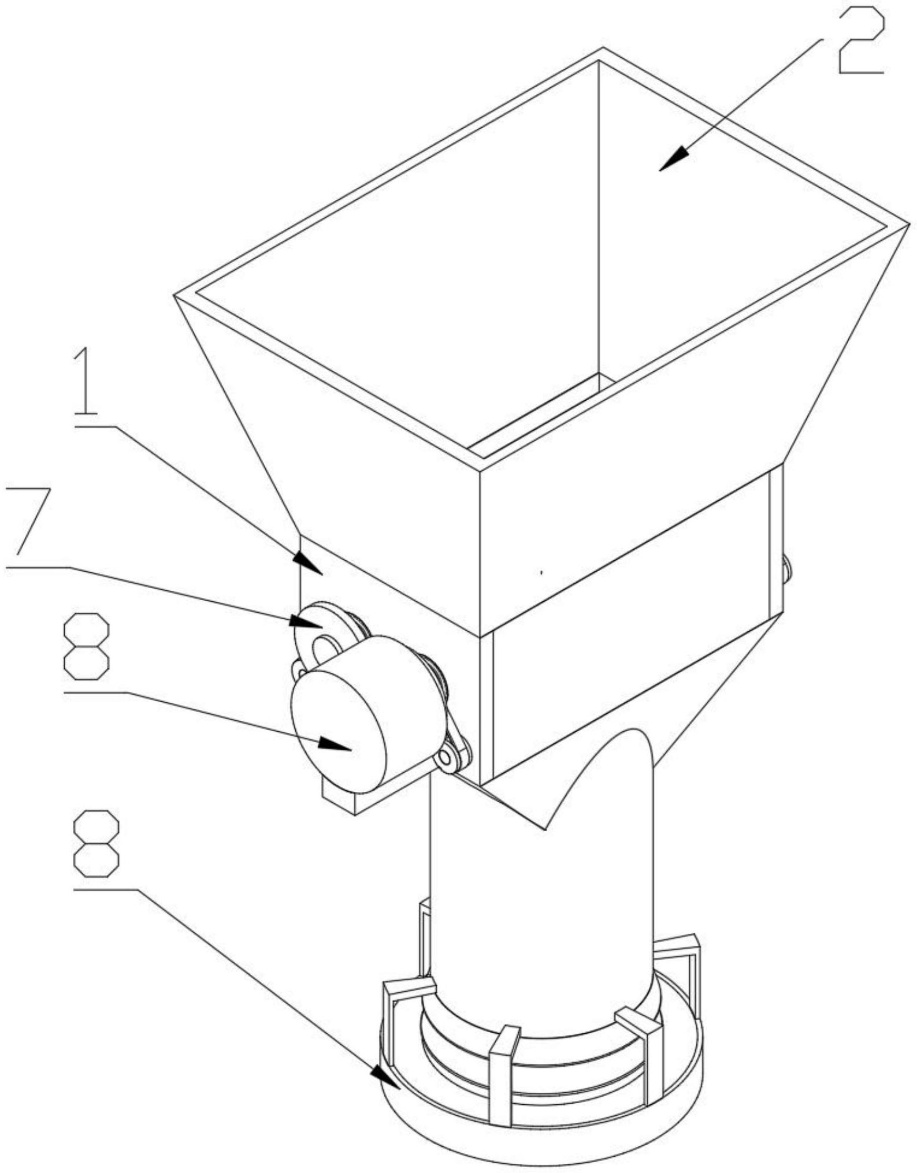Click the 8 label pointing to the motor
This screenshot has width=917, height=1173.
86,646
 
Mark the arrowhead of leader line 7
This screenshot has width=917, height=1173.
306,622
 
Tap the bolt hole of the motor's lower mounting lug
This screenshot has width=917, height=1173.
445,756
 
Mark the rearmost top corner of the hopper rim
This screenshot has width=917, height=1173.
603,47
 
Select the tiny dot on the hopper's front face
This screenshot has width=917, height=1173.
541,573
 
